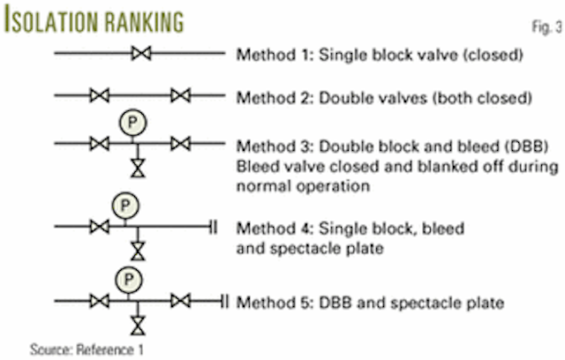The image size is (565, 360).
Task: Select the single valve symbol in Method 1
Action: pyautogui.click(x=139, y=55)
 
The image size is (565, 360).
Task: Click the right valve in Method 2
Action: pyautogui.click(x=181, y=94)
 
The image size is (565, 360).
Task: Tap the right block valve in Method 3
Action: pyautogui.click(x=181, y=143)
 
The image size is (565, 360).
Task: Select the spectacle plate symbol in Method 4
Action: pyautogui.click(x=214, y=228)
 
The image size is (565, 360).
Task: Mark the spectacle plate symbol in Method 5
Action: pyautogui.click(x=223, y=303)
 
